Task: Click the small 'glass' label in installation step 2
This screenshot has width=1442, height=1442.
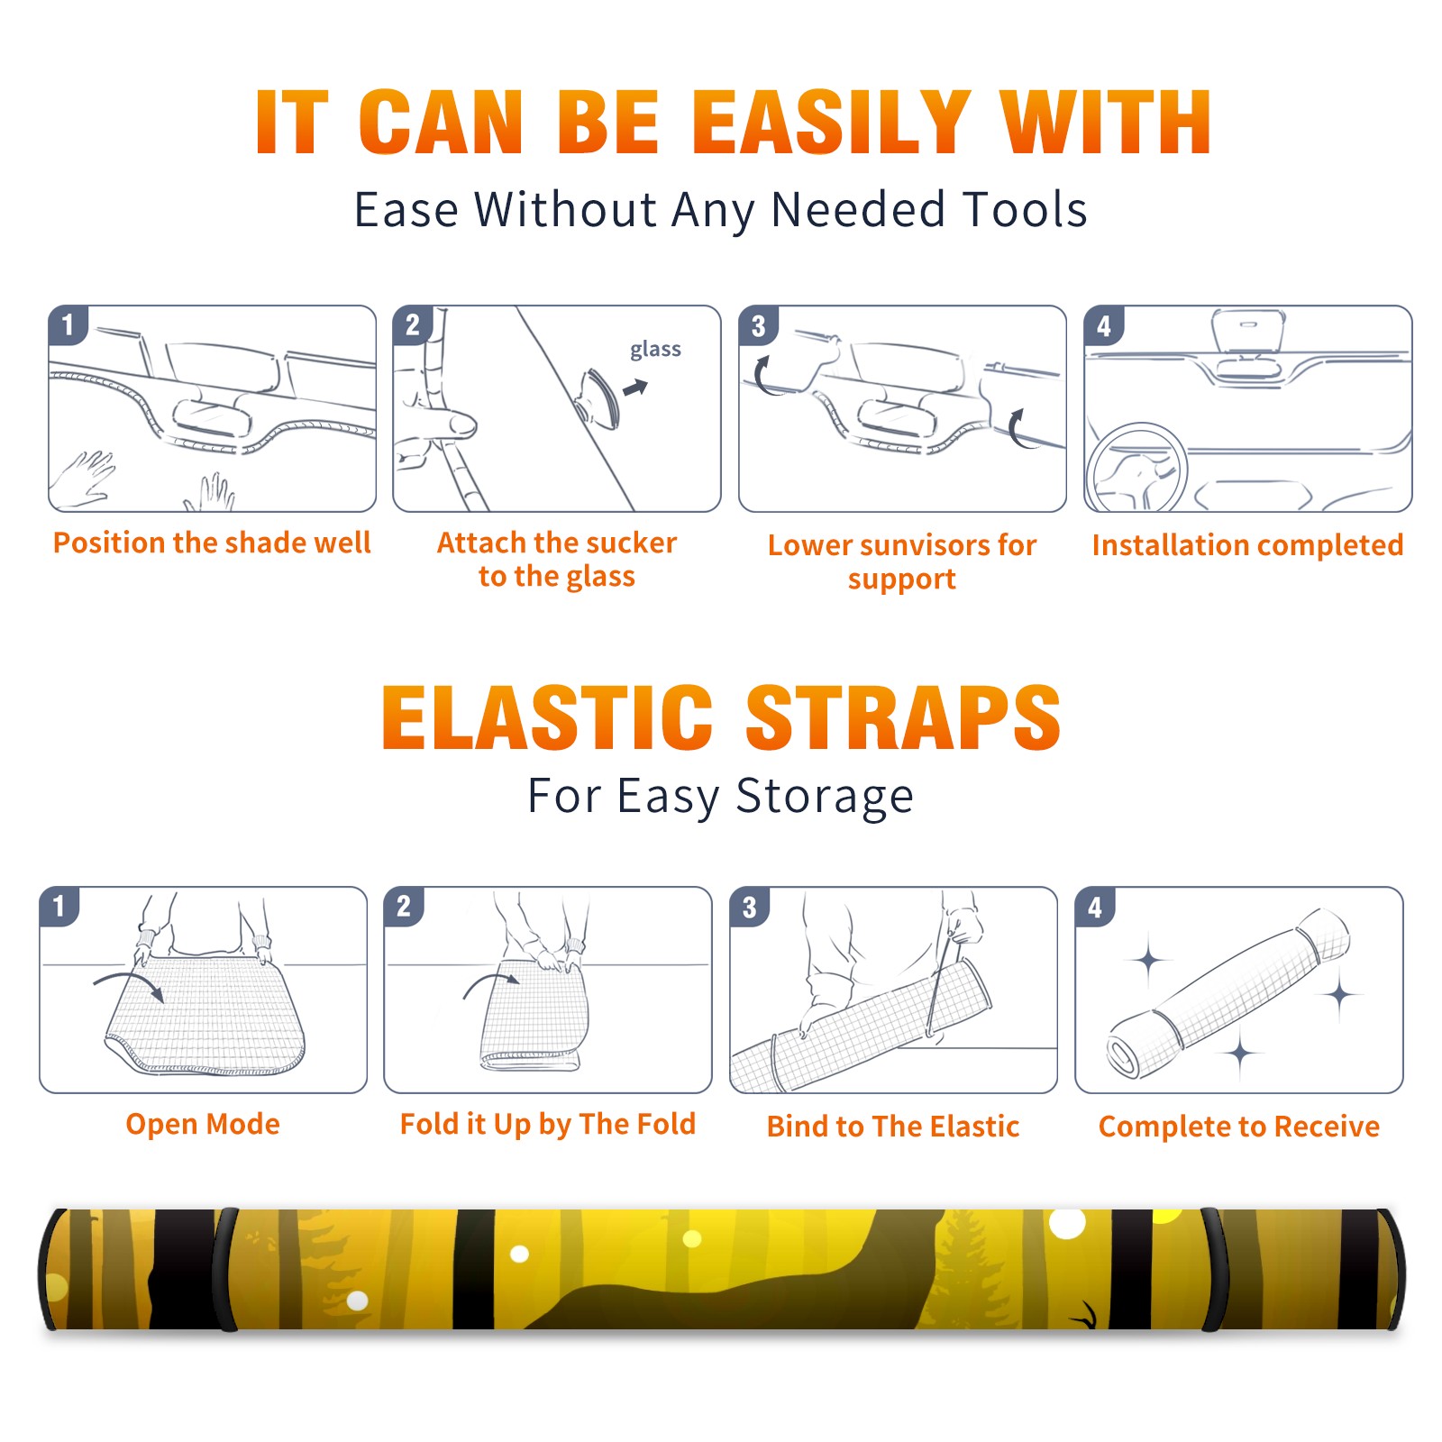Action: pos(655,349)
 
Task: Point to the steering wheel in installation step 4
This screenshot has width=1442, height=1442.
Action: pos(1136,468)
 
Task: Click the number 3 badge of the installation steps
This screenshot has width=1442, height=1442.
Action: pos(758,326)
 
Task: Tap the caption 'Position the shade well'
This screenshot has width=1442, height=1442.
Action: pos(212,543)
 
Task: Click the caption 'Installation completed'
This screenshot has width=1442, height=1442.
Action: pos(1247,544)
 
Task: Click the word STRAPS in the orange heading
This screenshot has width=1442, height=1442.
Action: pos(903,717)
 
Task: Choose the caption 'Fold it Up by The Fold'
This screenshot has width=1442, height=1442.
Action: pos(548,1125)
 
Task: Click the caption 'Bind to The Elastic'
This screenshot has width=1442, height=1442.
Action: pos(893,1127)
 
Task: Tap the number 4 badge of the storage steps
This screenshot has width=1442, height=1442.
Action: pos(1095,908)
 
